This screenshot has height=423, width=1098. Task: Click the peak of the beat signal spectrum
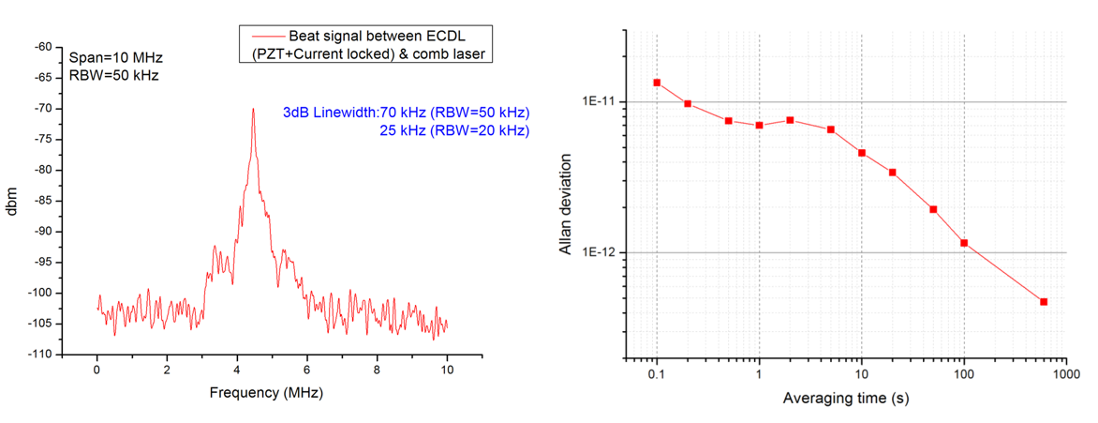[253, 110]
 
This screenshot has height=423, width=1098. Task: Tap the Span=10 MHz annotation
[111, 56]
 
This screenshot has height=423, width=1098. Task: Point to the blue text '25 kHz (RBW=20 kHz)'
[453, 130]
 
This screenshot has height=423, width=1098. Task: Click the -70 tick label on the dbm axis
[42, 109]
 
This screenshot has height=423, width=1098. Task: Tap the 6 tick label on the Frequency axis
[307, 370]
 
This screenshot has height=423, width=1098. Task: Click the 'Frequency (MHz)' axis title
[266, 393]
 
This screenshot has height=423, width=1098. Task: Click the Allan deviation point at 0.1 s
[657, 83]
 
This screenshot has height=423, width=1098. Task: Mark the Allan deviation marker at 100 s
[964, 243]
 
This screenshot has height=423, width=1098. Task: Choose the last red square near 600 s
[1044, 302]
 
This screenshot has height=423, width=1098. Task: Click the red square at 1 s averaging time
[759, 125]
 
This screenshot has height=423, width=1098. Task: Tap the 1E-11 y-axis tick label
[601, 101]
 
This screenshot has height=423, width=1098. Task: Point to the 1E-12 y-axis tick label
[601, 252]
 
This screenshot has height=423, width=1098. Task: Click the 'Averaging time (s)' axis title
[846, 399]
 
